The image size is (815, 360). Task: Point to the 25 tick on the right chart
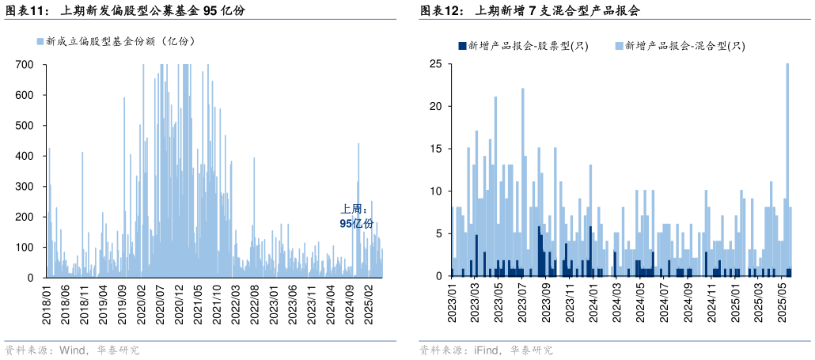point(435,64)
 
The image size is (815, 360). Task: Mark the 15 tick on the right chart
point(435,149)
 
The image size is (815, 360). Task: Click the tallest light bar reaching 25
point(787,169)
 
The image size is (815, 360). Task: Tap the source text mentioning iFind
point(486,349)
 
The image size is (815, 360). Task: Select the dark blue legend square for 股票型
point(462,46)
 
